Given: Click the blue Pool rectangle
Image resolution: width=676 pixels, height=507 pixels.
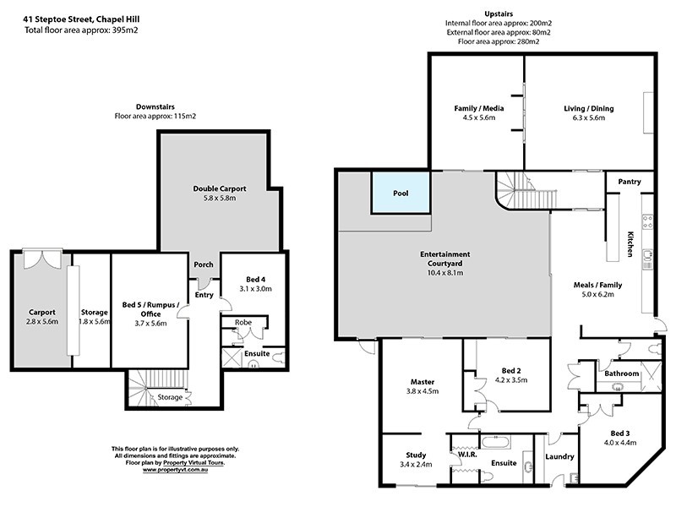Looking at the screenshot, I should coord(401,194).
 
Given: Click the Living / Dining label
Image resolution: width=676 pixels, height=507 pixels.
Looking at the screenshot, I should coord(588,109).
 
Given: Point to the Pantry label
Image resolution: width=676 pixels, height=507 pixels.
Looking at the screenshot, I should coord(630,182).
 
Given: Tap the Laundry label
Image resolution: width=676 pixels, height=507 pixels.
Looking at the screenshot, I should coord(559,457).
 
